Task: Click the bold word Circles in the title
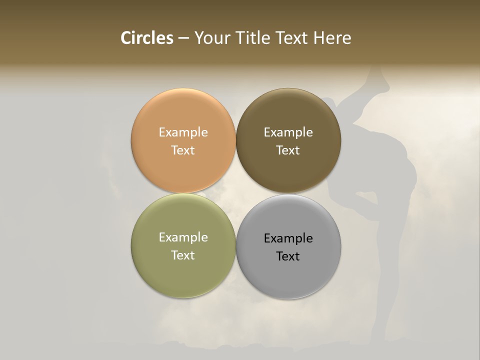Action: point(147,38)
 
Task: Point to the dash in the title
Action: point(183,38)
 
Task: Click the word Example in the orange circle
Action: point(183,132)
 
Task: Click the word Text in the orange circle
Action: point(183,150)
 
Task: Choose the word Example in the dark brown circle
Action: point(288,132)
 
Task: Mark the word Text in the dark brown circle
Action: point(288,150)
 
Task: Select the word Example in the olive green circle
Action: point(183,237)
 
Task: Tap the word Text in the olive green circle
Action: point(183,255)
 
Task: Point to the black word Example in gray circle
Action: point(288,238)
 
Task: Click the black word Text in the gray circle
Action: point(288,256)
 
